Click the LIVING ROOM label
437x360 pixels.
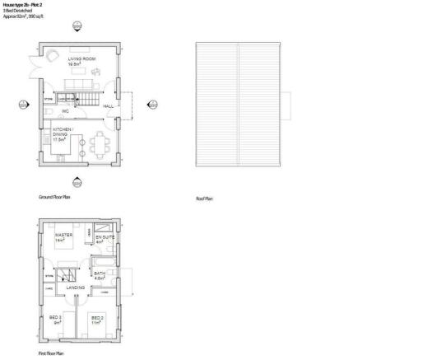click(78, 59)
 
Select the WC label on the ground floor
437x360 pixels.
click(65, 111)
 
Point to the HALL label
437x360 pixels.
click(109, 106)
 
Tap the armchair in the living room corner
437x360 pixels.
click(52, 54)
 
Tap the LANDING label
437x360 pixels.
click(86, 288)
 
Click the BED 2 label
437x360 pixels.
click(97, 320)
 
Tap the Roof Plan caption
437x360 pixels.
click(204, 198)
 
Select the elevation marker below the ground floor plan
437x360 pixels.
click(77, 182)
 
